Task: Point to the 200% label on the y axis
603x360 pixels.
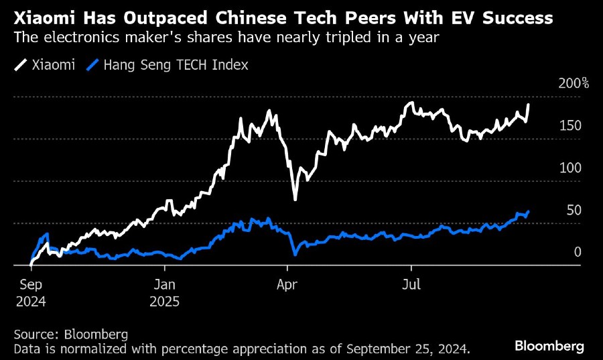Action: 573,84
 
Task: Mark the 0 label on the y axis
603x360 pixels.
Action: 576,253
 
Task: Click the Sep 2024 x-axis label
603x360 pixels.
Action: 31,292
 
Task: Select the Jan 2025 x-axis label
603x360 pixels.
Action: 165,292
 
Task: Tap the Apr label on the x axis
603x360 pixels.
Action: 287,284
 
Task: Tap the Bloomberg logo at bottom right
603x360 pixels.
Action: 549,346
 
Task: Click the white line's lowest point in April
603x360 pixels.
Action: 295,199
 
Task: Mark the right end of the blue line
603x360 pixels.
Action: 529,212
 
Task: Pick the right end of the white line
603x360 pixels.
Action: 529,104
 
